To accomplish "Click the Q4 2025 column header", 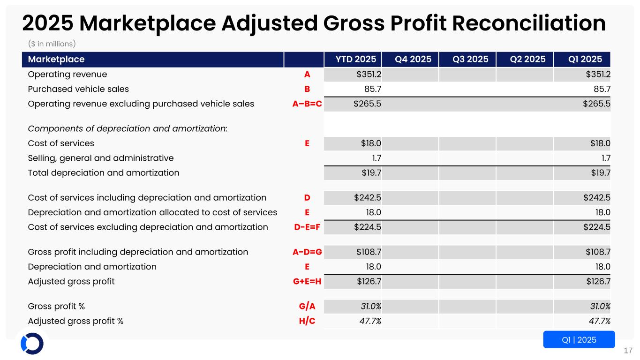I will coord(410,60).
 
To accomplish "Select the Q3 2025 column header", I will coord(467,60).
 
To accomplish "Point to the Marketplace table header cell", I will coord(56,60).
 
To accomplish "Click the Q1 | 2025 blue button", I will coord(579,340).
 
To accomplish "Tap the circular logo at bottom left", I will coord(32,344).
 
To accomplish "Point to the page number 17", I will coord(628,351).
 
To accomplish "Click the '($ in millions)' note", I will coord(52,44).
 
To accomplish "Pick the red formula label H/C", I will coord(307,321).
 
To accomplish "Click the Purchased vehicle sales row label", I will coord(78,89).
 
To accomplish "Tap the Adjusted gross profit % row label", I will coord(75,321).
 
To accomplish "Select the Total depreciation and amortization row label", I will coord(104,172).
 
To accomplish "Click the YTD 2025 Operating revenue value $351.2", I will coord(369,74).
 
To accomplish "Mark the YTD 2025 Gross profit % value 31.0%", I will coord(370,307).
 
